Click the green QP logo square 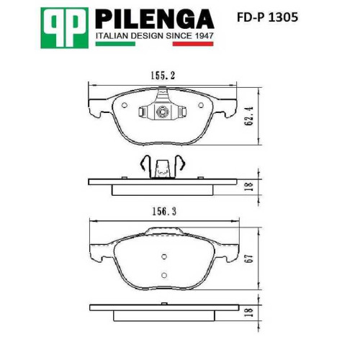[x=64, y=28]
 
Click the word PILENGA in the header [x=155, y=19]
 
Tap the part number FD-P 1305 [x=267, y=17]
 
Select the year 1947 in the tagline [x=204, y=36]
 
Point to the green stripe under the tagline [x=115, y=44]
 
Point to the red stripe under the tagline [x=193, y=44]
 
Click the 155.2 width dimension [x=163, y=76]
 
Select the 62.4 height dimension [x=250, y=116]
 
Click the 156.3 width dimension [x=164, y=212]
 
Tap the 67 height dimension [x=250, y=258]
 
